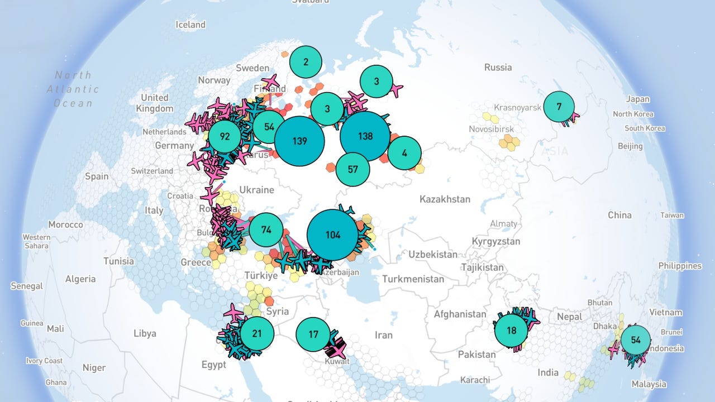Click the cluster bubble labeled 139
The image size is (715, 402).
coord(299,141)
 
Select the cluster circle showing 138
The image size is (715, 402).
coord(365,136)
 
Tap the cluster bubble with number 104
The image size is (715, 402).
coord(332,235)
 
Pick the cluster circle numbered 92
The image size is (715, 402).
coord(225,137)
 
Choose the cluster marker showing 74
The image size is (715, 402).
coord(266,230)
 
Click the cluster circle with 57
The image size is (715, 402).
coord(352,168)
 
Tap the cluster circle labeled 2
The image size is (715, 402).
coord(306,62)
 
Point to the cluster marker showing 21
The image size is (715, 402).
coord(257,334)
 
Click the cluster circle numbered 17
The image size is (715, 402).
coord(313,334)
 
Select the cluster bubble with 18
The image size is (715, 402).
coord(511,331)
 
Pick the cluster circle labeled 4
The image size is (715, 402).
coord(404,153)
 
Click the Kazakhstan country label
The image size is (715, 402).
coord(445,199)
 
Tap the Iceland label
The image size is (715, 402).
coord(190,25)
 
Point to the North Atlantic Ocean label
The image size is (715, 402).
coord(73,89)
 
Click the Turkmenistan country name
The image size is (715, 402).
coord(413,279)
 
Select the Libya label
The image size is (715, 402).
coord(145,333)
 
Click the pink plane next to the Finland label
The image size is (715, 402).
coord(271,83)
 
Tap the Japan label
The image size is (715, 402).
coord(637,99)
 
